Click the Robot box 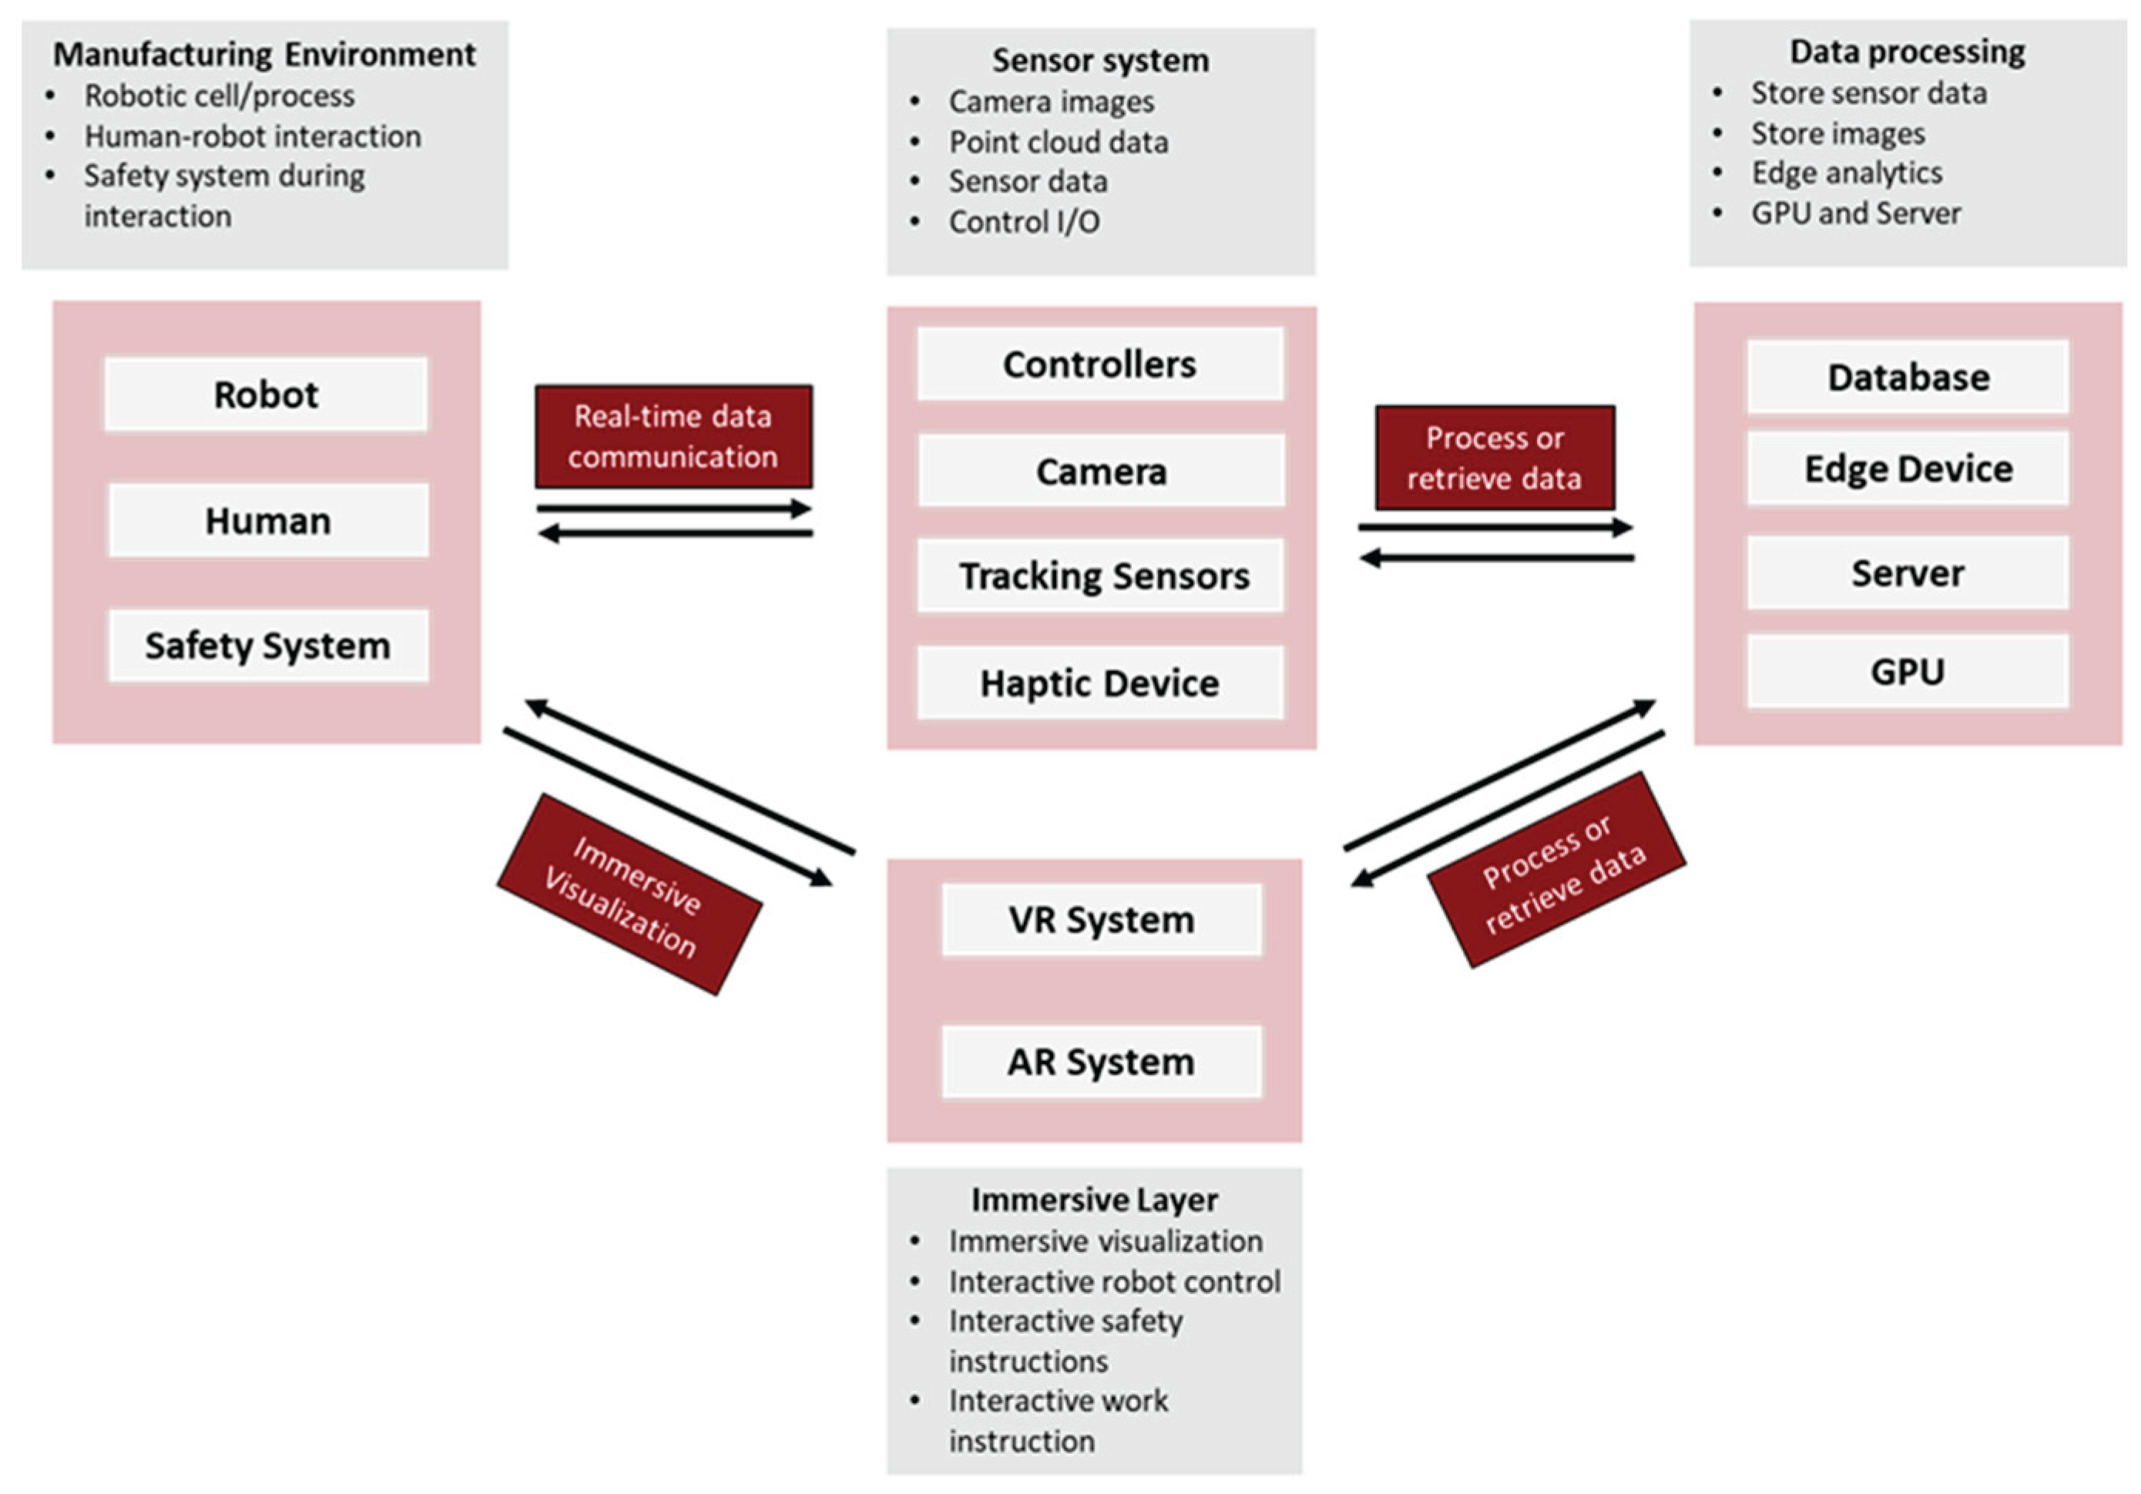(x=266, y=394)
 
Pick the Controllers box (x=1099, y=364)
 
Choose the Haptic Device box (x=1099, y=683)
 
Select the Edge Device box (x=1908, y=469)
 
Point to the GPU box (x=1908, y=671)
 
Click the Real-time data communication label (x=673, y=436)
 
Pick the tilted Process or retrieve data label (x=1556, y=870)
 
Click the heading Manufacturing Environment (x=264, y=54)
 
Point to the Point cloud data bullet (x=1059, y=142)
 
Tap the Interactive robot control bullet (x=1114, y=1281)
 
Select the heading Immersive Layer (x=1094, y=1200)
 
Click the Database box (x=1908, y=378)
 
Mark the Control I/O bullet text (x=1024, y=222)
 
